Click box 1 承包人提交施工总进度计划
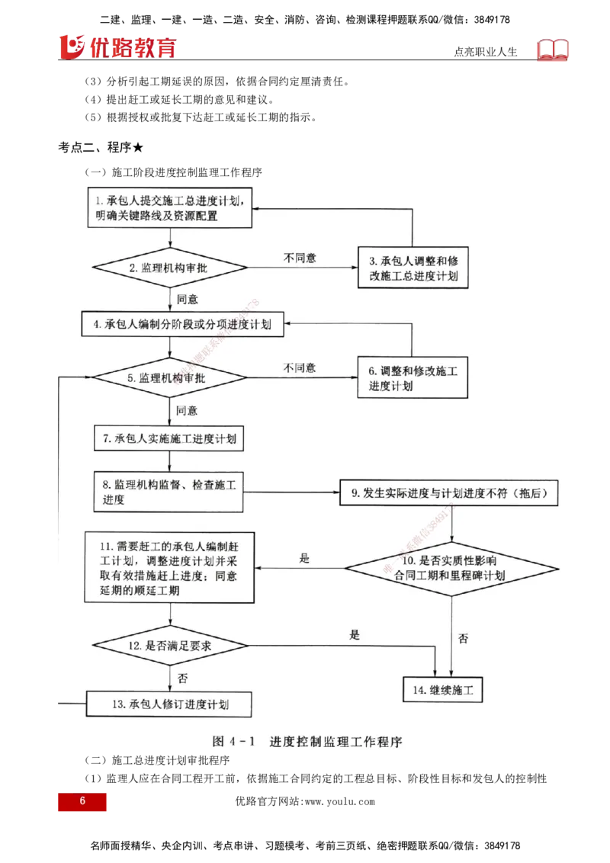pyautogui.click(x=169, y=208)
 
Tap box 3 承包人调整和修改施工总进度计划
pyautogui.click(x=413, y=268)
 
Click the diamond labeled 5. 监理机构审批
pyautogui.click(x=169, y=377)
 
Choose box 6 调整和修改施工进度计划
pyautogui.click(x=413, y=378)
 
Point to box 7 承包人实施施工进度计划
pyautogui.click(x=169, y=439)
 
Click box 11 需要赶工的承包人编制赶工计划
pyautogui.click(x=169, y=568)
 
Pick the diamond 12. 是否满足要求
pyautogui.click(x=169, y=645)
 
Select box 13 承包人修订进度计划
pyautogui.click(x=169, y=704)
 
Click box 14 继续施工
pyautogui.click(x=443, y=690)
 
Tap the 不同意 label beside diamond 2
pyautogui.click(x=300, y=258)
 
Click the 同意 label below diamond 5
pyautogui.click(x=187, y=410)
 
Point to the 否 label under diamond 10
pyautogui.click(x=463, y=639)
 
